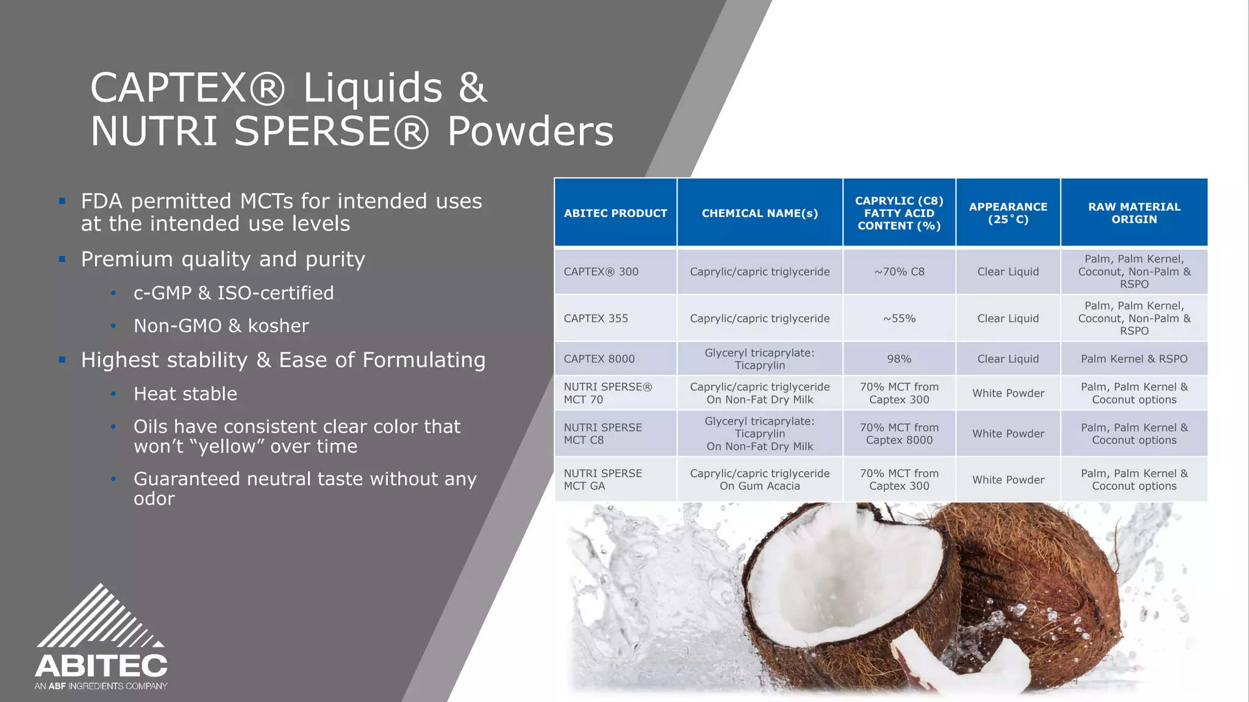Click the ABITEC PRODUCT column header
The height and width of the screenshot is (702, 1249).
click(x=615, y=213)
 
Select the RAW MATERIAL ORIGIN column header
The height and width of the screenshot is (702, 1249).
click(x=1134, y=213)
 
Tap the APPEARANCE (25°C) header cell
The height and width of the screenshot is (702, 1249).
click(x=1007, y=213)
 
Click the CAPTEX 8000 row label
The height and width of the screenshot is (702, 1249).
click(x=599, y=359)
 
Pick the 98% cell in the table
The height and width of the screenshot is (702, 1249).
click(x=899, y=359)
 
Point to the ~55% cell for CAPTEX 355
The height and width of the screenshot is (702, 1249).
click(x=899, y=318)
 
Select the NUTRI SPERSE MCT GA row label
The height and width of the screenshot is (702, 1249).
click(x=603, y=480)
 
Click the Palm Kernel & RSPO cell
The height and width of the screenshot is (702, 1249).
click(x=1134, y=359)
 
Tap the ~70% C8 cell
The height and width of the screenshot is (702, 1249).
click(x=899, y=272)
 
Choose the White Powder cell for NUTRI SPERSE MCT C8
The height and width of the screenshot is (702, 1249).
click(x=1007, y=434)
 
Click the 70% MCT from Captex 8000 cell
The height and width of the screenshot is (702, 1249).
click(x=899, y=434)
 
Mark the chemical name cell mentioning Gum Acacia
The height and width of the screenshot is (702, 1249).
click(x=759, y=480)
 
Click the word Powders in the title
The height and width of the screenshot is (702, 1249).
click(x=531, y=131)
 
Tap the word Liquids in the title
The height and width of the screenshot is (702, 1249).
click(x=373, y=88)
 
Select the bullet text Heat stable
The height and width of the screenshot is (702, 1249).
click(x=185, y=394)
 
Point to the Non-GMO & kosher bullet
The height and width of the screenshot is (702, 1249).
click(x=221, y=326)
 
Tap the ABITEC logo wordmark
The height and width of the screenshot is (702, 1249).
click(x=101, y=666)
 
